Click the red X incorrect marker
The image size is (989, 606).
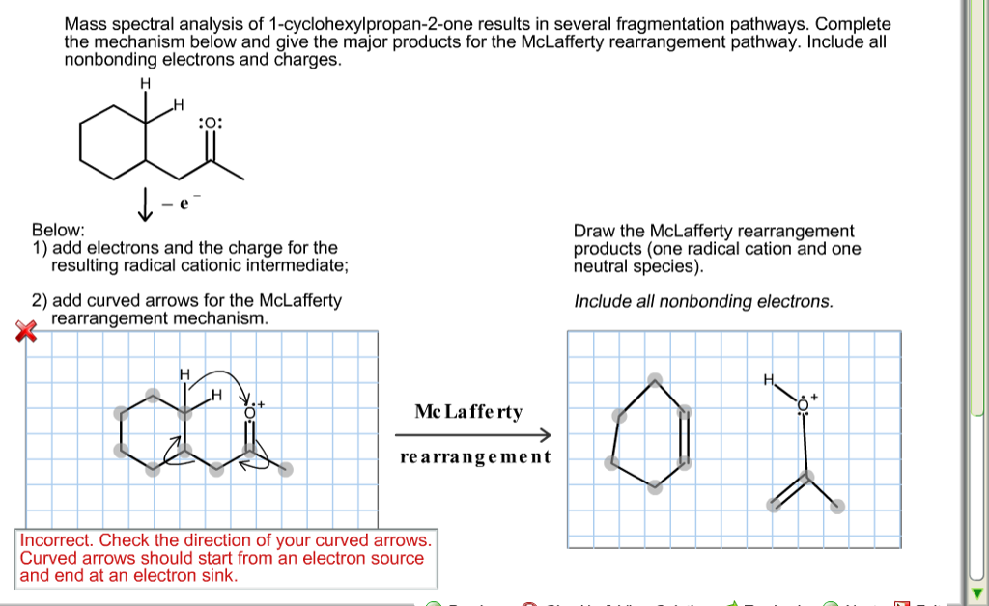tap(26, 331)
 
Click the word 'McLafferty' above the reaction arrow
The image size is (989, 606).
tap(468, 412)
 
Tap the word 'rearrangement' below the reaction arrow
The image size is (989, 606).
tap(474, 456)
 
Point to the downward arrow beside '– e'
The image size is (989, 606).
tap(147, 204)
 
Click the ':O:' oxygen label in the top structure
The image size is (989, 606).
tap(210, 124)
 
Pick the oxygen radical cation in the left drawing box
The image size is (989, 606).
tap(250, 411)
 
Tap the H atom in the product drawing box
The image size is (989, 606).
tap(769, 379)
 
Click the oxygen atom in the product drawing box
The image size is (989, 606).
tap(803, 407)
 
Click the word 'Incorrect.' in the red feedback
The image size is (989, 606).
tap(56, 540)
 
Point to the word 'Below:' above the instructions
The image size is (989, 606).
tap(58, 231)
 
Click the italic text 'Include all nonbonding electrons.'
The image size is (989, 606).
tap(703, 302)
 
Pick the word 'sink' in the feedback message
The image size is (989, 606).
tap(219, 576)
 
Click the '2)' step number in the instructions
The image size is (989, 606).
tap(41, 300)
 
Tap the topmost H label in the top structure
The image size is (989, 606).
tap(146, 83)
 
